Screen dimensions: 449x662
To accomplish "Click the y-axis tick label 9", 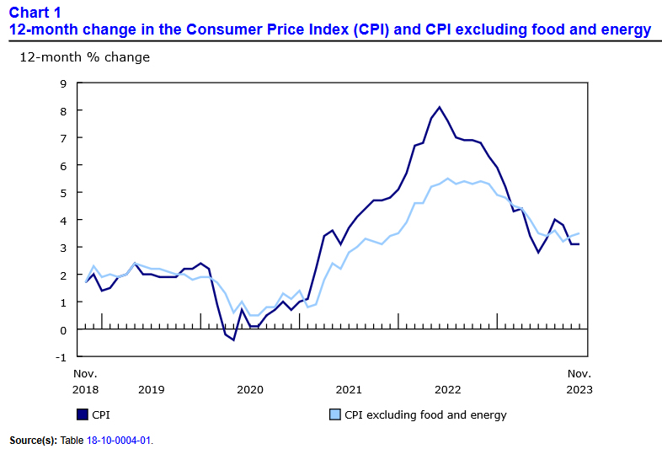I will click(x=62, y=83).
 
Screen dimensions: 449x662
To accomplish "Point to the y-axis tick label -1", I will click(x=60, y=357).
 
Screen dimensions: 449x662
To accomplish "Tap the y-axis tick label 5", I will click(x=62, y=193).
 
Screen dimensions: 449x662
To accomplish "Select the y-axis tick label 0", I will click(x=62, y=329).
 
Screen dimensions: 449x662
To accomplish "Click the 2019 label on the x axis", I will click(x=151, y=390).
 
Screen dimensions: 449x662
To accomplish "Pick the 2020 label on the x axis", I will click(x=250, y=390).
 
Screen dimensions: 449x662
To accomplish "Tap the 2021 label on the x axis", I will click(x=349, y=390).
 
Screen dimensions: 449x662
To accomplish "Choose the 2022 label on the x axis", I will click(x=447, y=390).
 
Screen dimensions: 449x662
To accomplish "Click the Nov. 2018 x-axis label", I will click(x=86, y=382).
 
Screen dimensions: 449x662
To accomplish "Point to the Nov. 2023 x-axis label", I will click(x=579, y=382).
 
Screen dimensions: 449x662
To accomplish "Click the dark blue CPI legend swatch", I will click(x=83, y=414).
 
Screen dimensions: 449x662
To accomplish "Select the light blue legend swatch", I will click(x=334, y=414).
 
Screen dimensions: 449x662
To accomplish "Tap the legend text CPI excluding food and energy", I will click(x=425, y=414).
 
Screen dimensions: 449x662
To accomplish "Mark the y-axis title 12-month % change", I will click(x=84, y=57).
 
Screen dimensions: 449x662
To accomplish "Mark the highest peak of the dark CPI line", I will click(x=440, y=107).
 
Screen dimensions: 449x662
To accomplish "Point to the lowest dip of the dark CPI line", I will click(x=233, y=339).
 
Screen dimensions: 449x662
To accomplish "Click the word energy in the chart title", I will click(x=626, y=29).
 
